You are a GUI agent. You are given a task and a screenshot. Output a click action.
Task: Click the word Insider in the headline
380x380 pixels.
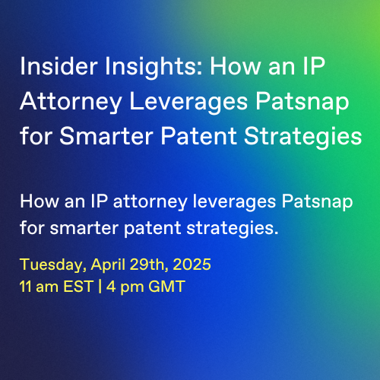tap(59, 66)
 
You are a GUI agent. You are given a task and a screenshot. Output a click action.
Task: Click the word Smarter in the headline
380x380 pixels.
tap(106, 136)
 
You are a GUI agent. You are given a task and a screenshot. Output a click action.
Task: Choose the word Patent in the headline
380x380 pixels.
tap(199, 136)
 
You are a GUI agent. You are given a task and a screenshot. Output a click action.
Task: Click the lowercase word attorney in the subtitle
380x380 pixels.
tap(150, 203)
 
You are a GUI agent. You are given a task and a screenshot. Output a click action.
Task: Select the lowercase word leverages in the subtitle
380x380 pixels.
tap(234, 203)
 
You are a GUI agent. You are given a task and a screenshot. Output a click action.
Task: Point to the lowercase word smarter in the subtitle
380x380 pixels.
tap(84, 228)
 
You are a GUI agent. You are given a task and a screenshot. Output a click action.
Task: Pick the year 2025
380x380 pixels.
tap(192, 264)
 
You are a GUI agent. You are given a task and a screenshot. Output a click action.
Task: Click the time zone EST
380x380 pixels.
tap(79, 287)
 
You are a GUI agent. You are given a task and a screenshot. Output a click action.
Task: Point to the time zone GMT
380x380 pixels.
tap(166, 287)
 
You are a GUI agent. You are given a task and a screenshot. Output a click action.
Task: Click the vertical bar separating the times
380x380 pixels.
tap(100, 287)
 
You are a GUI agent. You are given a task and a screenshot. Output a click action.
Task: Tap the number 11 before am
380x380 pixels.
tap(25, 287)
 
